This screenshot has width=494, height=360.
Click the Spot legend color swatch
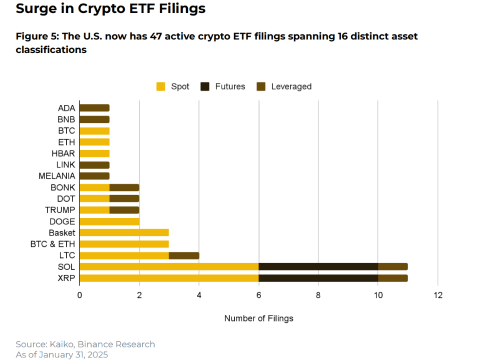coord(161,86)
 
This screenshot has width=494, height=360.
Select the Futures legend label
coord(230,86)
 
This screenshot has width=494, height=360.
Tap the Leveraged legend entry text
coord(291,86)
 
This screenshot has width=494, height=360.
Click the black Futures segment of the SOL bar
coord(318,267)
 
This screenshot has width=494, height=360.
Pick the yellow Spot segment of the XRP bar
coord(169,278)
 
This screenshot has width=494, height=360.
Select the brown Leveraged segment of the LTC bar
coord(184,255)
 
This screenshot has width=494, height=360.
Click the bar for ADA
coord(94,108)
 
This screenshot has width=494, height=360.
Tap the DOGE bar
coord(109,221)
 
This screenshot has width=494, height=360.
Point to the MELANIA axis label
coord(57,176)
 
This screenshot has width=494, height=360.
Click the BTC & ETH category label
coord(53,244)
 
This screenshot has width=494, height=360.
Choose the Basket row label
coord(62,233)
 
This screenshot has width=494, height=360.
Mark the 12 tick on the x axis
coord(437,295)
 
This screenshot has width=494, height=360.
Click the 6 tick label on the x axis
coord(258,295)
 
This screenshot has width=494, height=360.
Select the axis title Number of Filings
coord(258,318)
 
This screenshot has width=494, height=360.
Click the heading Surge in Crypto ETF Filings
coord(110,9)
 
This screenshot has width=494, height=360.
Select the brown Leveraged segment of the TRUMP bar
coord(124,210)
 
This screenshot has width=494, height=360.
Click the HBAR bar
coord(94,153)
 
